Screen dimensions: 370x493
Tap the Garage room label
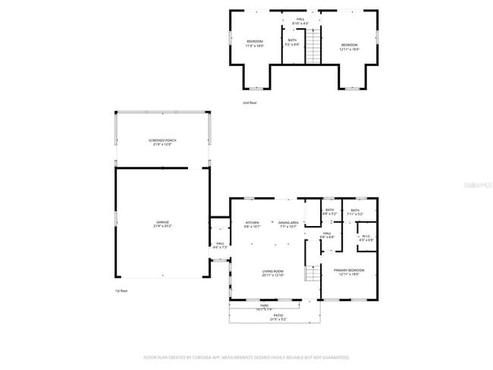(x=162, y=224)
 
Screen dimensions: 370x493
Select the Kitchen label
(x=253, y=224)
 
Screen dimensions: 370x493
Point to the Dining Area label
(x=288, y=224)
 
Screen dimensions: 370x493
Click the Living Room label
(x=273, y=272)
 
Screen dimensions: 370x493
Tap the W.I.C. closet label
(x=366, y=237)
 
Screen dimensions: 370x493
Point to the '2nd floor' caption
(x=250, y=102)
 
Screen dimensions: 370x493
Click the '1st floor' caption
(x=121, y=290)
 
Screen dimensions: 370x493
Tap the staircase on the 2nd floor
(x=310, y=52)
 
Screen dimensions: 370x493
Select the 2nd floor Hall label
(x=301, y=20)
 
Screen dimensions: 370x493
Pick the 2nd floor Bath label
(x=292, y=42)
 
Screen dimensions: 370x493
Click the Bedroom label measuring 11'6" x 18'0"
(x=254, y=43)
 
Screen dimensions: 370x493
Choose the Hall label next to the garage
(x=220, y=246)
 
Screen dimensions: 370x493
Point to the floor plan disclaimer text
(x=246, y=356)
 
